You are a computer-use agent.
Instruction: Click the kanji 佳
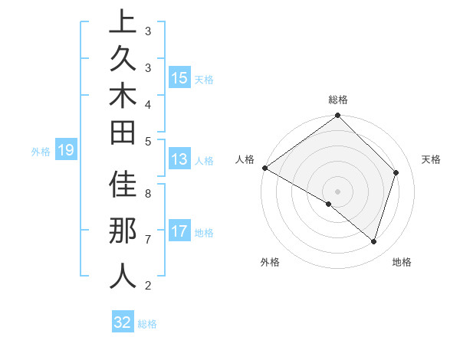[x=123, y=188]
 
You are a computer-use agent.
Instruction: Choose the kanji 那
[x=123, y=233]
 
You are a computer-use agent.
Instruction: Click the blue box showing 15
[x=179, y=78]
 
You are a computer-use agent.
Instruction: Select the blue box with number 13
[x=179, y=160]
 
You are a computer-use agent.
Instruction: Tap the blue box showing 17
[x=179, y=231]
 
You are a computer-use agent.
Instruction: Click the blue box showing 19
[x=65, y=151]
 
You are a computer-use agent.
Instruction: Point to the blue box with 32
[x=123, y=322]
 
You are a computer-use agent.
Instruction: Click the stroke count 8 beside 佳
[x=148, y=194]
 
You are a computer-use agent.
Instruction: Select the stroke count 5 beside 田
[x=148, y=141]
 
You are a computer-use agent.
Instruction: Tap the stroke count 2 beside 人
[x=148, y=286]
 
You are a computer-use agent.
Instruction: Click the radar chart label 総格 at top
[x=337, y=100]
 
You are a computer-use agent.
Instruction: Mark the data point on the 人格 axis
[x=264, y=168]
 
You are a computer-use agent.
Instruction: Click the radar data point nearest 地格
[x=374, y=241]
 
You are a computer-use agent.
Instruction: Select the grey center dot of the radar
[x=337, y=191]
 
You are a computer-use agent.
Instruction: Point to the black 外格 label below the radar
[x=270, y=263]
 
